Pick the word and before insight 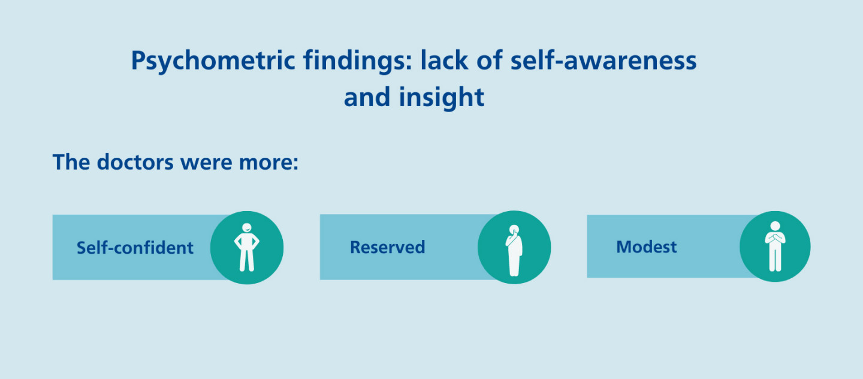click(x=367, y=97)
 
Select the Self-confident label click(x=135, y=248)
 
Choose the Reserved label click(x=387, y=247)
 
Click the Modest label click(x=646, y=246)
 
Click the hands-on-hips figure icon click(x=246, y=247)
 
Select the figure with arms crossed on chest click(x=774, y=246)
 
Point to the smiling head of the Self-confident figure click(x=246, y=228)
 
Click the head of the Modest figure click(x=774, y=226)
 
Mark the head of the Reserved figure click(x=514, y=229)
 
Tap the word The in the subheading click(x=71, y=162)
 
